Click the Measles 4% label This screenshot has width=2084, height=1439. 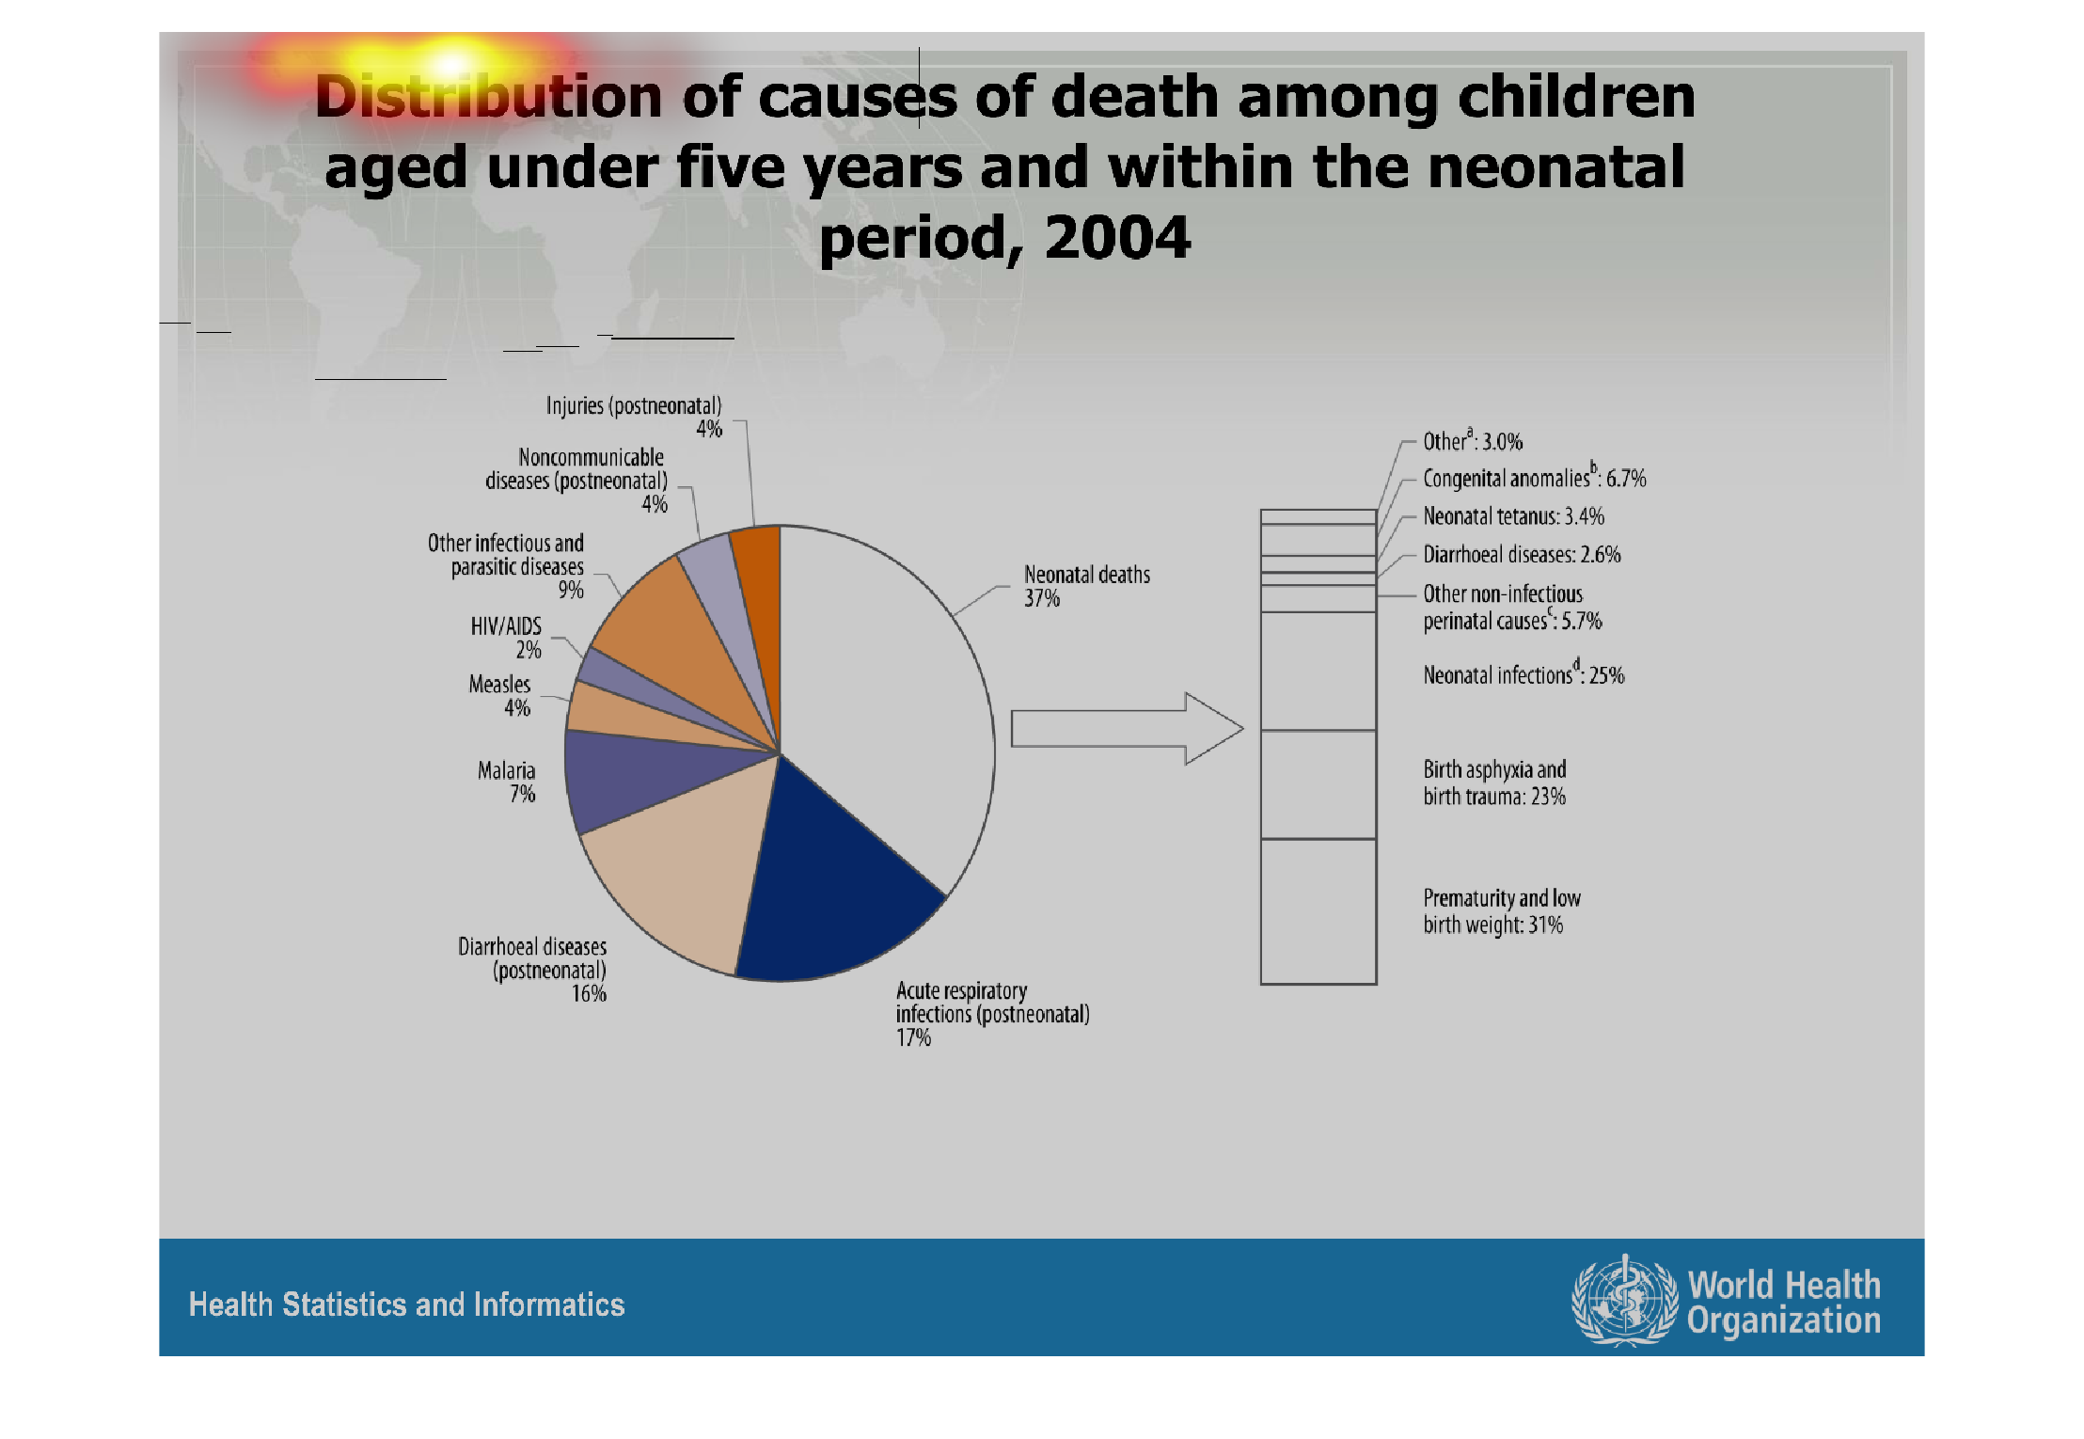click(500, 696)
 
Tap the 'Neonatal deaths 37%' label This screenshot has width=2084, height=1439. click(1086, 586)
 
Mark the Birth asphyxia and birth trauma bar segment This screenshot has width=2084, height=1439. click(1318, 784)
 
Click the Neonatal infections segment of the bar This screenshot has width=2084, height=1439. click(1318, 671)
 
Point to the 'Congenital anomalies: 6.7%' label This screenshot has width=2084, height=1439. click(1534, 478)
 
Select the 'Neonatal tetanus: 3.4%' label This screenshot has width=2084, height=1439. click(1513, 516)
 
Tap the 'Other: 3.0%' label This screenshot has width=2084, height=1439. click(1472, 441)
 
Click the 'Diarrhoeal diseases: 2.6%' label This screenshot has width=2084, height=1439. click(1522, 555)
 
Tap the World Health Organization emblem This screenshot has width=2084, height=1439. click(1624, 1301)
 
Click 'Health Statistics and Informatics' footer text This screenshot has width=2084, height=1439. click(406, 1305)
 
